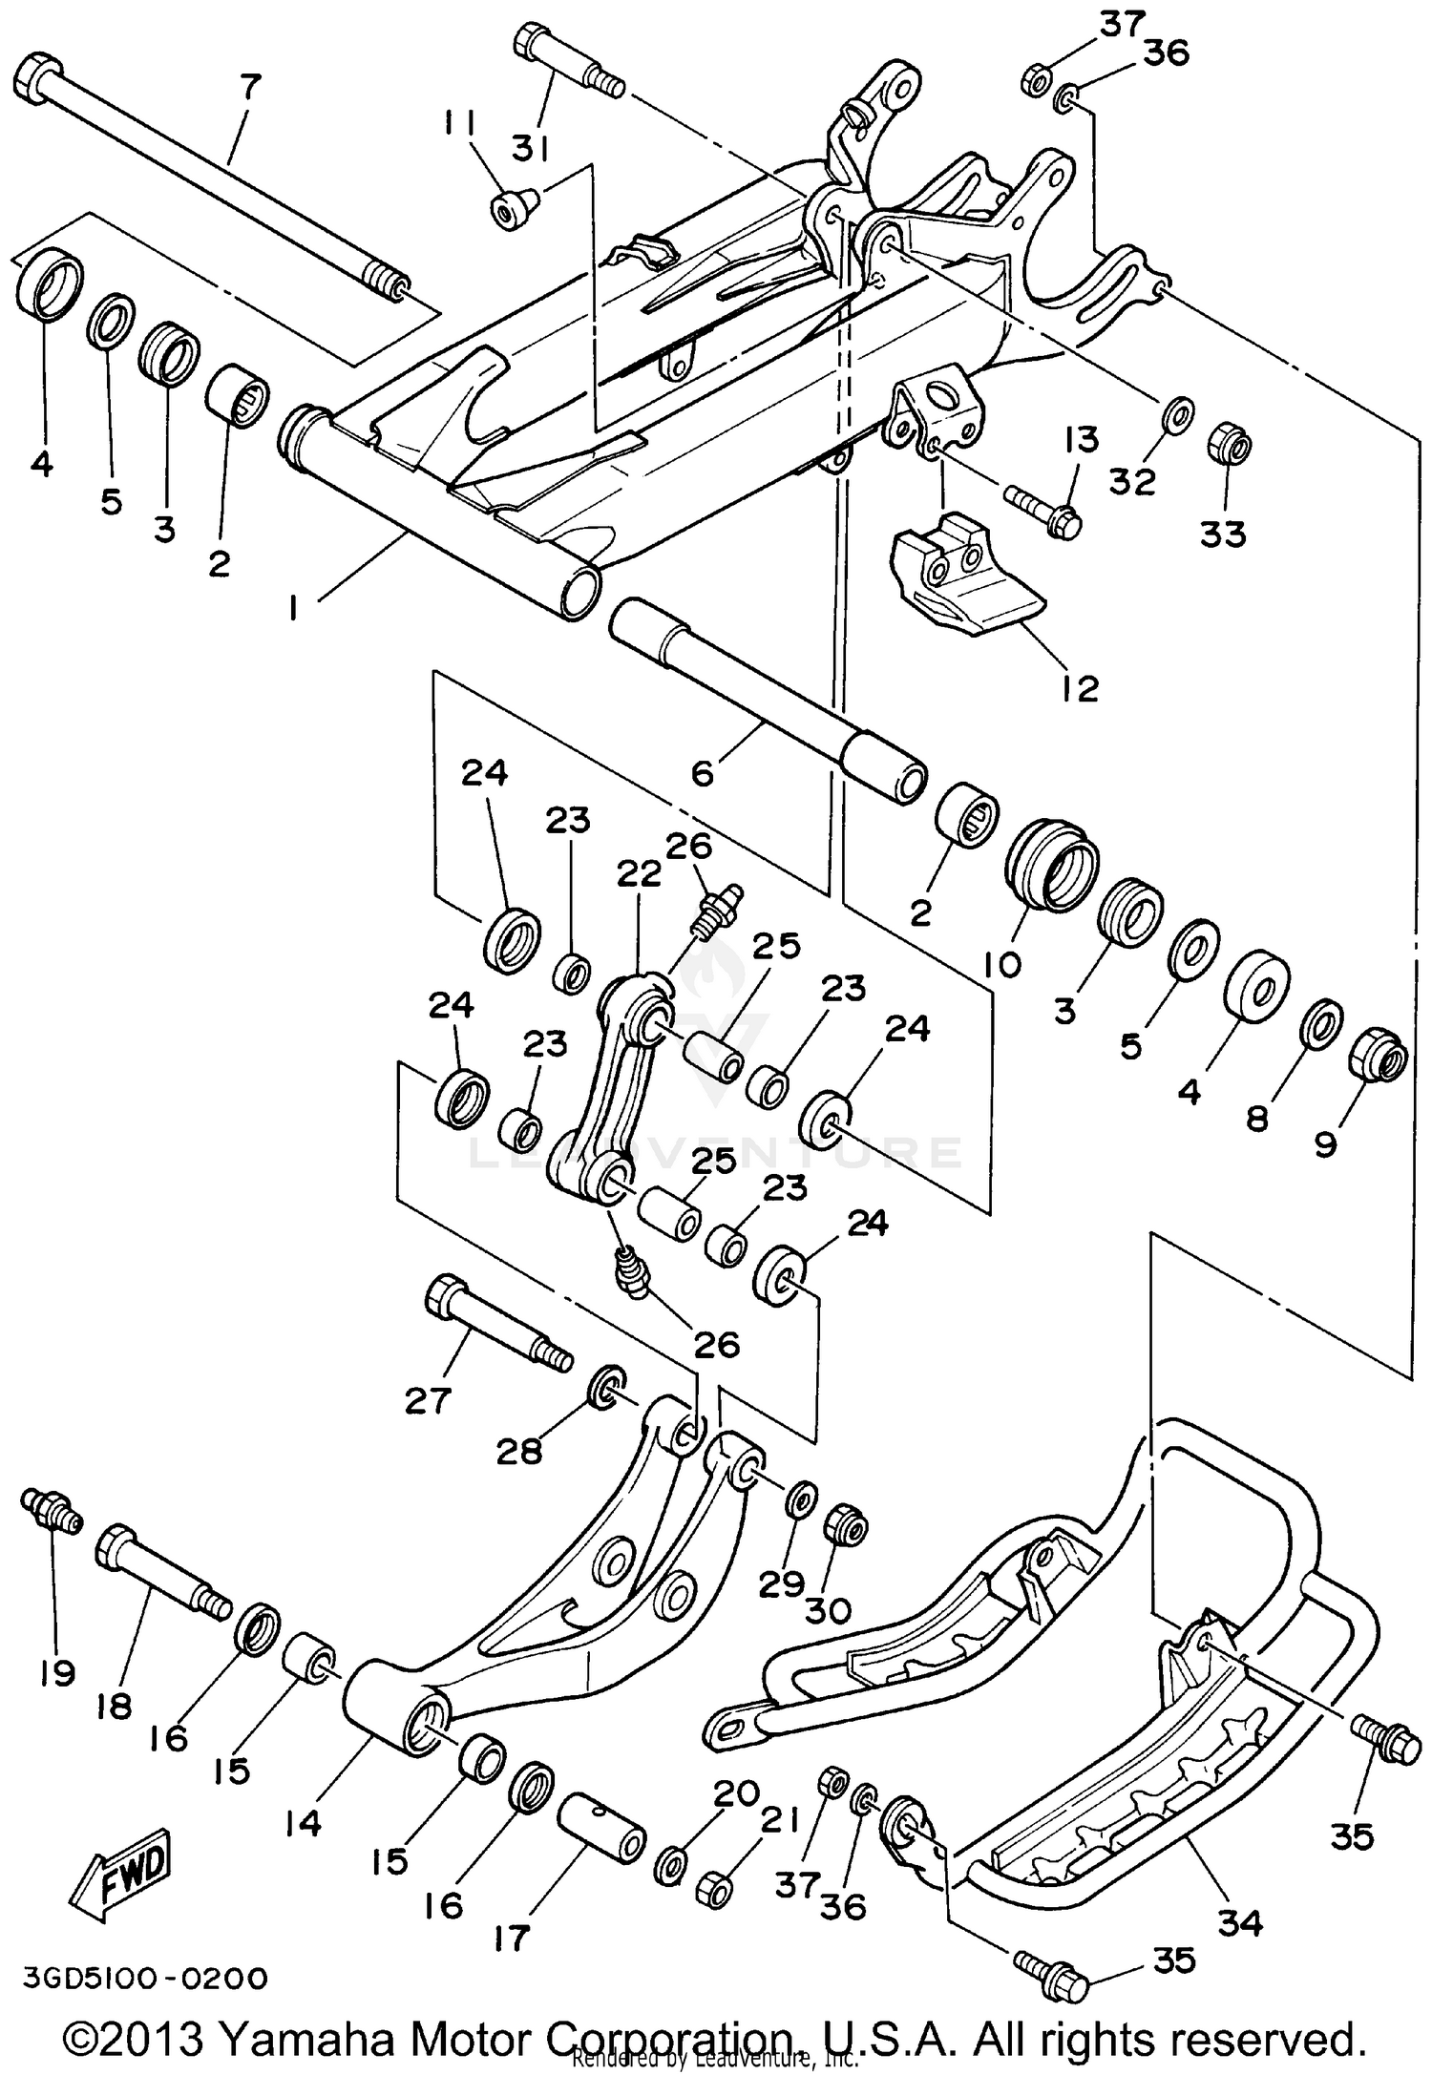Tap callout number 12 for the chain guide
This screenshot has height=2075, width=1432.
1080,687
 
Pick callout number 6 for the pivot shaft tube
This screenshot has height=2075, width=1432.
702,772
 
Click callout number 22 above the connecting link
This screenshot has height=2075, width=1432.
639,872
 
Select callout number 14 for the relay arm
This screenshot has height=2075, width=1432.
304,1823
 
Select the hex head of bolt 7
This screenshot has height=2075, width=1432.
38,74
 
